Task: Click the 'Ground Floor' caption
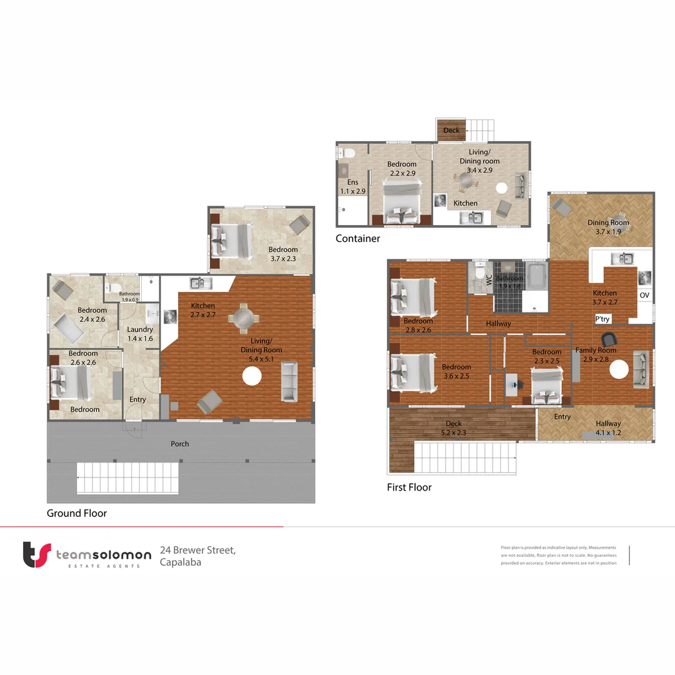[77, 513]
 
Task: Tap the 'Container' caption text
[357, 238]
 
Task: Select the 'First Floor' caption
[409, 487]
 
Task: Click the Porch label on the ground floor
[180, 444]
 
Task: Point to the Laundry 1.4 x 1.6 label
[139, 334]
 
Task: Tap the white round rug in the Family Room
[619, 371]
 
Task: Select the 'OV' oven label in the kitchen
[644, 295]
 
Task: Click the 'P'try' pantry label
[602, 319]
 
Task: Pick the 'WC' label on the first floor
[489, 282]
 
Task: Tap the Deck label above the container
[451, 131]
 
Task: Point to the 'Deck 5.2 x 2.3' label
[454, 427]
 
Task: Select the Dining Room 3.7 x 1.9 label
[607, 227]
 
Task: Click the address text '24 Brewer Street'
[197, 550]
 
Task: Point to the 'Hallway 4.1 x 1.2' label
[607, 427]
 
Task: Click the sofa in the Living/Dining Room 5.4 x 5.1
[289, 381]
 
